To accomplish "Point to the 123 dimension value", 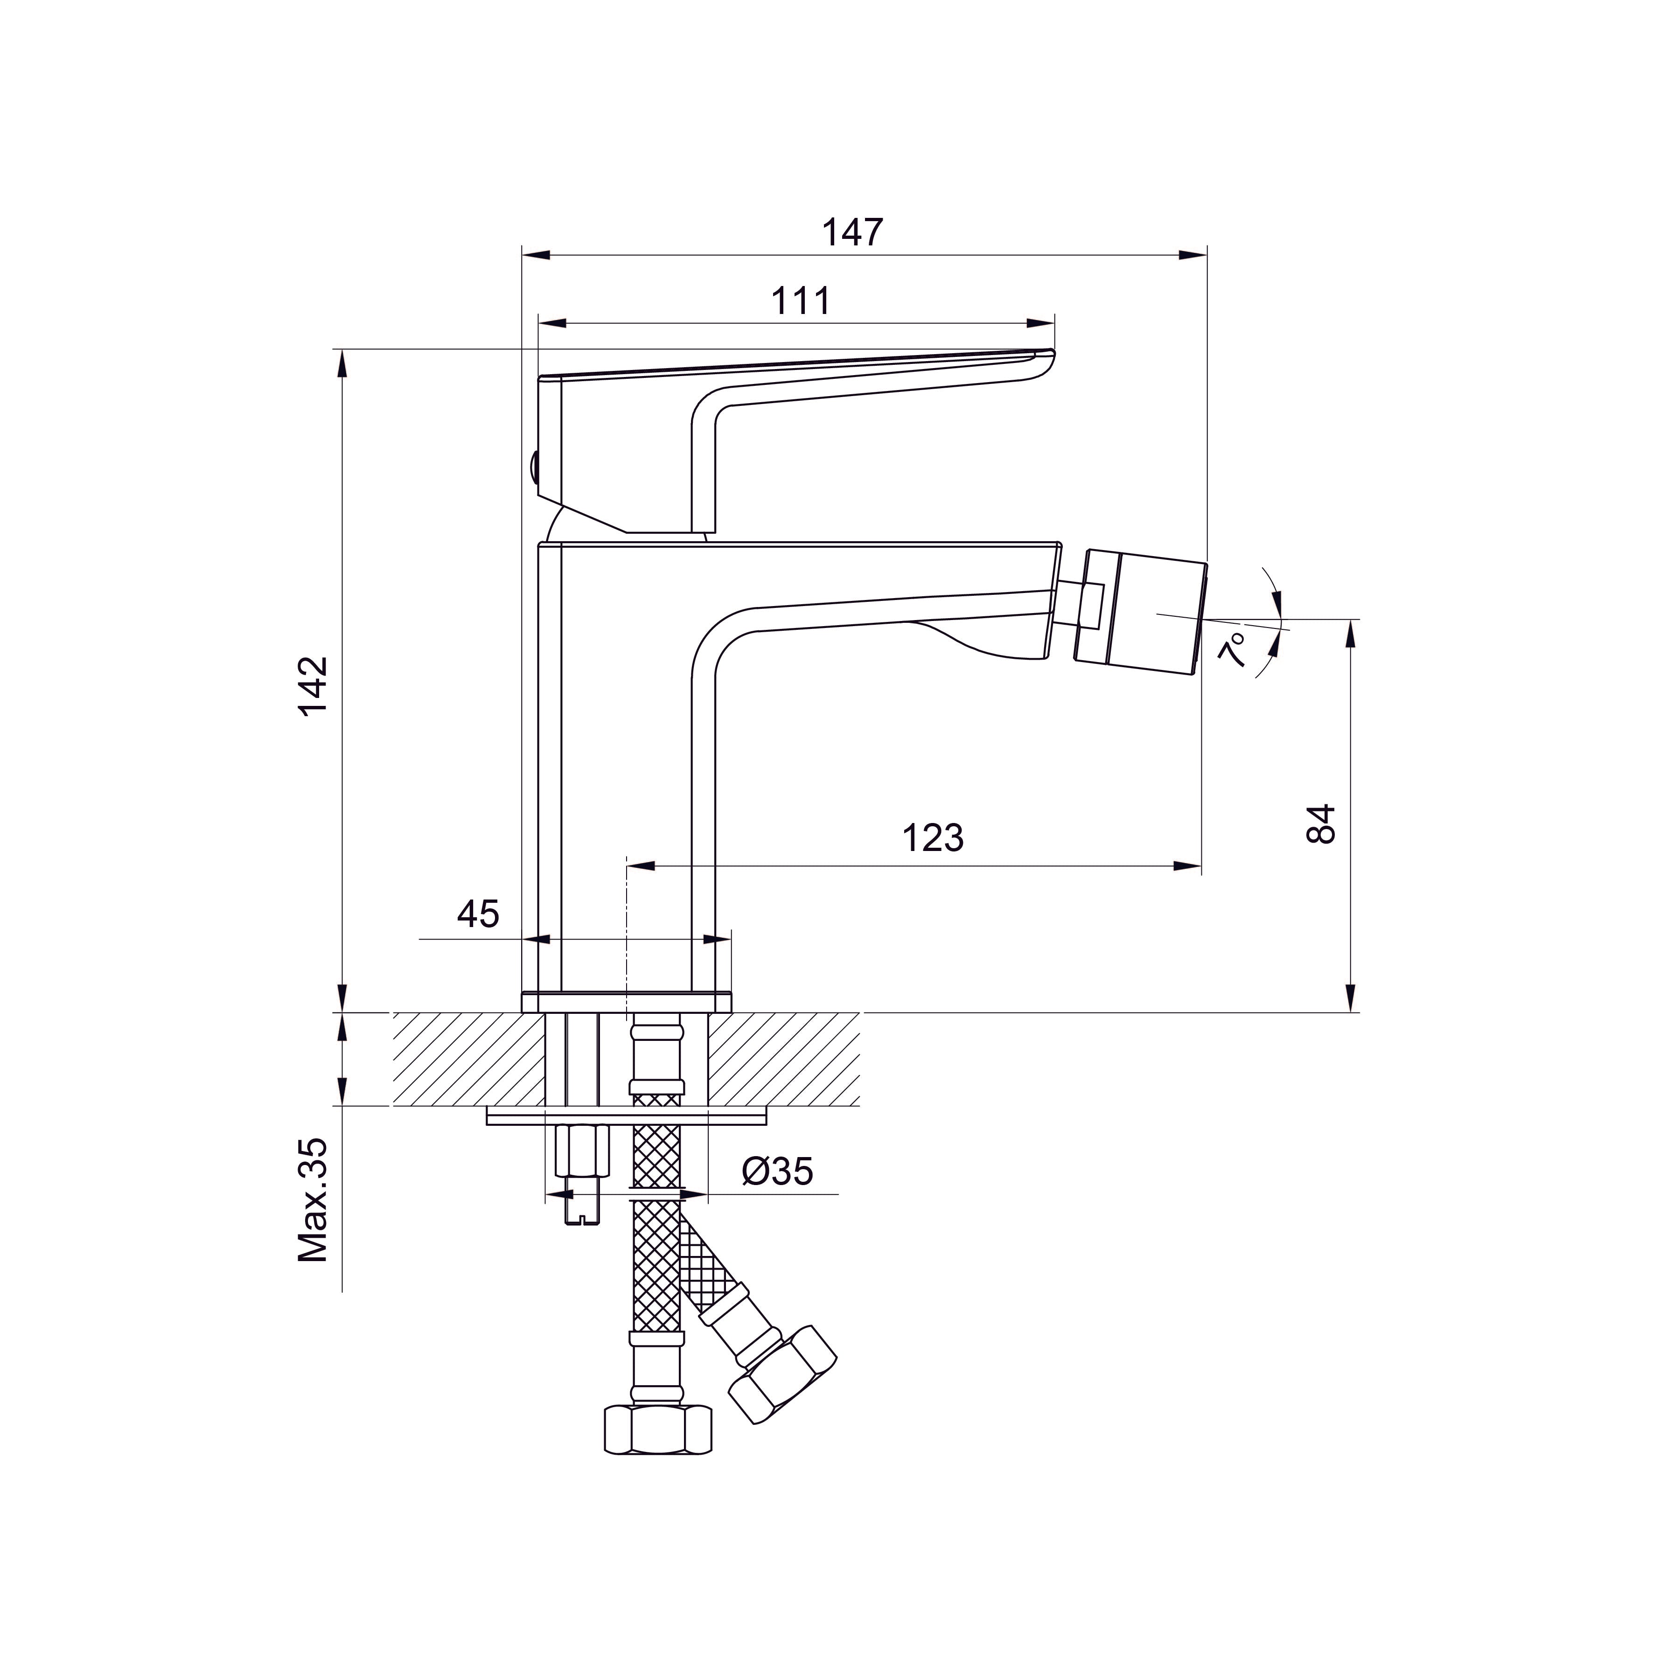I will (x=933, y=837).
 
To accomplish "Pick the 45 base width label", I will (x=477, y=914).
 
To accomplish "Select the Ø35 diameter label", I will (x=777, y=1172).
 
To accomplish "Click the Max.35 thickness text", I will (x=313, y=1200).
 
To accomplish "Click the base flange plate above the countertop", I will (x=626, y=1002).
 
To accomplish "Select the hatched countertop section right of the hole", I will (x=783, y=1058).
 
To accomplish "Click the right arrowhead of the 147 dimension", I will (x=1193, y=255).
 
